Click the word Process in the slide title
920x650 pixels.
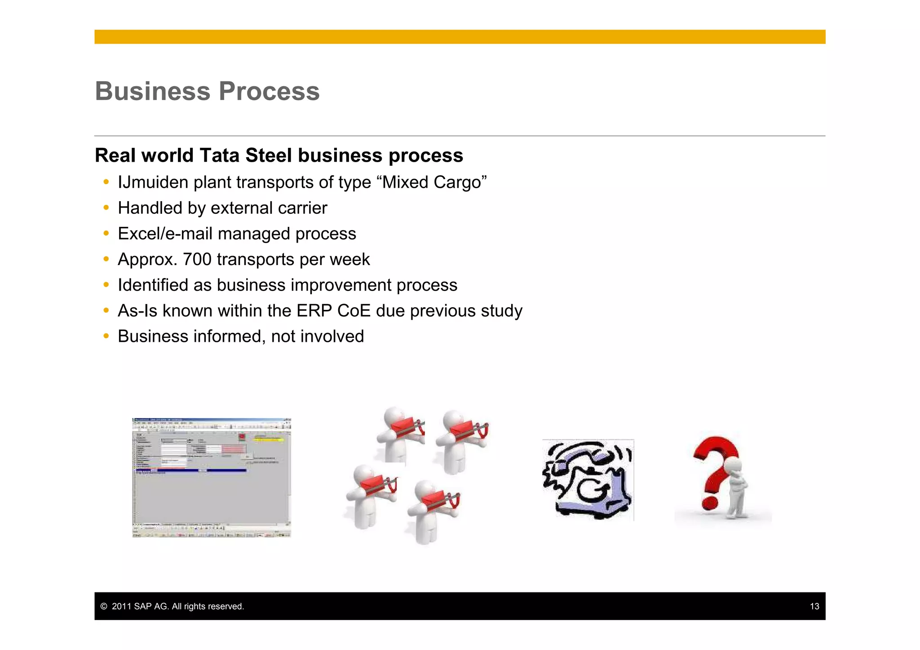[x=269, y=91]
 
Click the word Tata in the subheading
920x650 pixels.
[x=220, y=155]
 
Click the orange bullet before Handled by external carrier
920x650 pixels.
[x=106, y=208]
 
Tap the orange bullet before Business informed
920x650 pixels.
[x=106, y=336]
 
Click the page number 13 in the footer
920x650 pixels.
[x=814, y=606]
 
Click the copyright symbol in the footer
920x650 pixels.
[x=104, y=606]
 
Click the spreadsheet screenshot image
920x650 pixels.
[x=212, y=478]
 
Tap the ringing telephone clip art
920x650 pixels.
[x=588, y=480]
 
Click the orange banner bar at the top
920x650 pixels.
[x=460, y=37]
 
